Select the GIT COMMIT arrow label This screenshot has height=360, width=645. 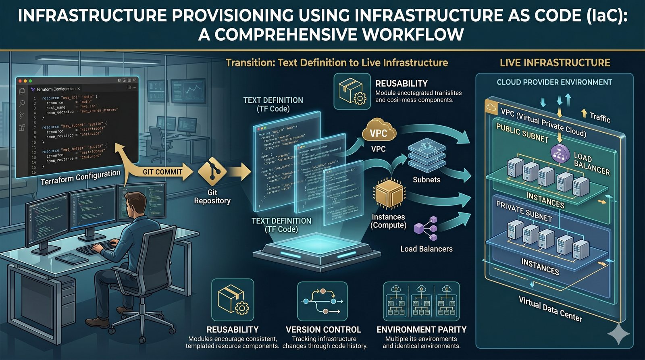click(x=162, y=172)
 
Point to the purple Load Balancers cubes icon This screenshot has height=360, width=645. click(x=426, y=229)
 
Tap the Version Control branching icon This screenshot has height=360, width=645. click(x=322, y=301)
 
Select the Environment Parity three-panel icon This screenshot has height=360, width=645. click(x=421, y=301)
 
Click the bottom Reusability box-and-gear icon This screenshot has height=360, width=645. click(x=233, y=301)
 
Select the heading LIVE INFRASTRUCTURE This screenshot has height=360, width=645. click(x=555, y=62)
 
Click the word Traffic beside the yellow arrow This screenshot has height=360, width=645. click(x=600, y=117)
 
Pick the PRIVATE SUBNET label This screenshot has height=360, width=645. click(x=524, y=212)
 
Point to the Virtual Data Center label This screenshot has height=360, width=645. click(x=550, y=309)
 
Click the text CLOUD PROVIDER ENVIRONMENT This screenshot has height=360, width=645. click(x=554, y=82)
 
